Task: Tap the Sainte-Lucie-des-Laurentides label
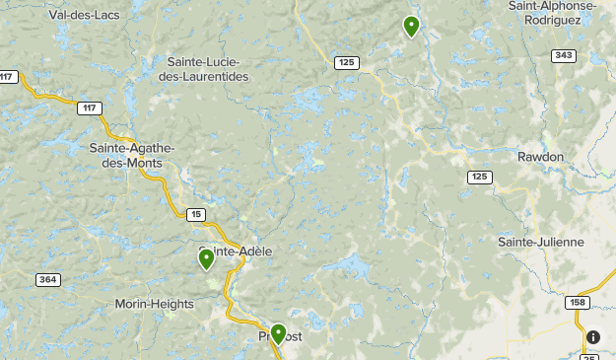210,68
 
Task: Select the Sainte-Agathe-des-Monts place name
131,155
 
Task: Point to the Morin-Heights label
154,304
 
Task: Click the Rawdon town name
540,157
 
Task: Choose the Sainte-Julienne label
541,242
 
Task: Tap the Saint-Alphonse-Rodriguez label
552,13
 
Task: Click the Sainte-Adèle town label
237,252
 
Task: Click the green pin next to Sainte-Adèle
206,258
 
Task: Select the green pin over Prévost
279,334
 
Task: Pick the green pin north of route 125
411,26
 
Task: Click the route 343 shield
564,55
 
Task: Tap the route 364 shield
46,280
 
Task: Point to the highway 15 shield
195,213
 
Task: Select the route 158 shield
578,303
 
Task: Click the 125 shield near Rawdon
479,177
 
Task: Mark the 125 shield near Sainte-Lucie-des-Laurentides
346,62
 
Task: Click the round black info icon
592,337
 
